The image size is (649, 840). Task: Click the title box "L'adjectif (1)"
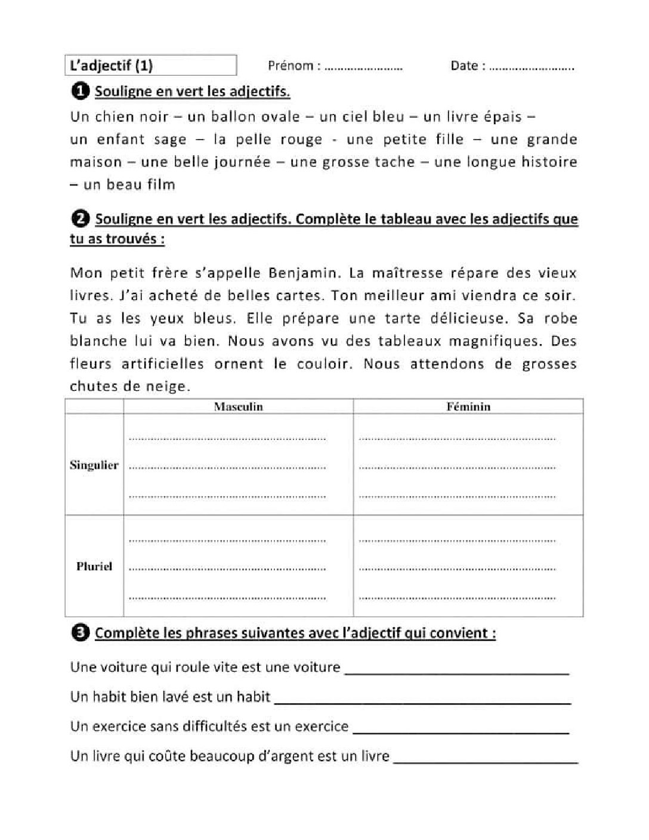[150, 65]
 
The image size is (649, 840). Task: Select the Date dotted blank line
[531, 67]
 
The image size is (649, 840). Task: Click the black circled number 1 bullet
[79, 91]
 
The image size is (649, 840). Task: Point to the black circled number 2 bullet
[79, 219]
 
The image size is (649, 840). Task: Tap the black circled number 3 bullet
[79, 632]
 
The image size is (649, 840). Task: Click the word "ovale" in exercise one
[280, 116]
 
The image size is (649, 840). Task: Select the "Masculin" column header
[238, 407]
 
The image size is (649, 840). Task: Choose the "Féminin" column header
[468, 407]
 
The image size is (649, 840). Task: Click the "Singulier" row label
[94, 465]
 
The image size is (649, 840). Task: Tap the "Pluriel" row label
[94, 566]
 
